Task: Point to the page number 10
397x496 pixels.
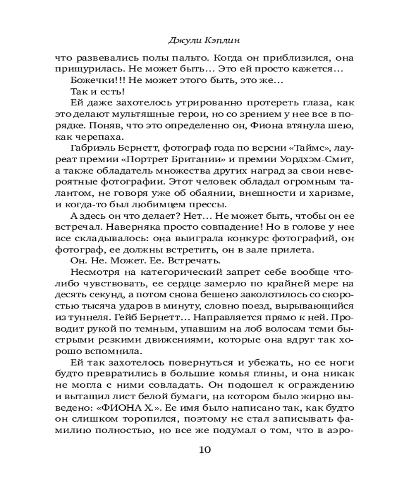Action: click(x=205, y=450)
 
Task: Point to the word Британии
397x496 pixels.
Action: click(x=212, y=160)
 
